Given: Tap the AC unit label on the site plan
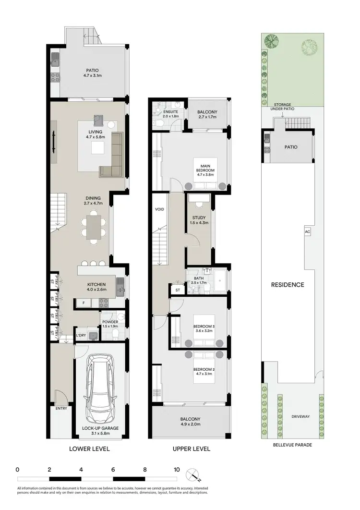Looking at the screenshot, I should tap(307, 231).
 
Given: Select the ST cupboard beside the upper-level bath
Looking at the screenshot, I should tap(178, 290).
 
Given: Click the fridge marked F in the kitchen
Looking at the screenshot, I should tap(84, 303).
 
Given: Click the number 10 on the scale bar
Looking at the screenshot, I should tap(177, 469).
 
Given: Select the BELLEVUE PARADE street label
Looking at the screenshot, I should tap(292, 445).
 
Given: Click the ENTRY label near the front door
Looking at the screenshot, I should tap(61, 409).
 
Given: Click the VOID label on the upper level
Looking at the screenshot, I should tap(159, 210).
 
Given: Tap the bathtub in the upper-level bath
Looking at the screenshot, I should tap(221, 281).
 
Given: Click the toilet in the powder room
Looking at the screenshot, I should tap(120, 317).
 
